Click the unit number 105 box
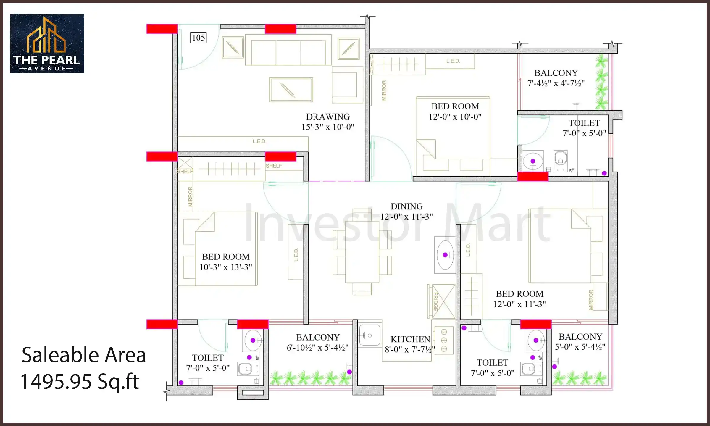198,38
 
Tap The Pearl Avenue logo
47,43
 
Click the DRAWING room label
328,117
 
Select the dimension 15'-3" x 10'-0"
327,127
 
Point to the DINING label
406,206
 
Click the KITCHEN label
410,339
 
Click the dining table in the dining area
362,251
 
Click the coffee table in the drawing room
291,89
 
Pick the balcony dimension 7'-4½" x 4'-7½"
556,83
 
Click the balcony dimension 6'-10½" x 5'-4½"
317,348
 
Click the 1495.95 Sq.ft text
80,381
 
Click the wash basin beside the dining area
445,255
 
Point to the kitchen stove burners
444,340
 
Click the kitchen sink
369,335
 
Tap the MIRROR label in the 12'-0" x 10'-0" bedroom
384,90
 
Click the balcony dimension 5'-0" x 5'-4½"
580,347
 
